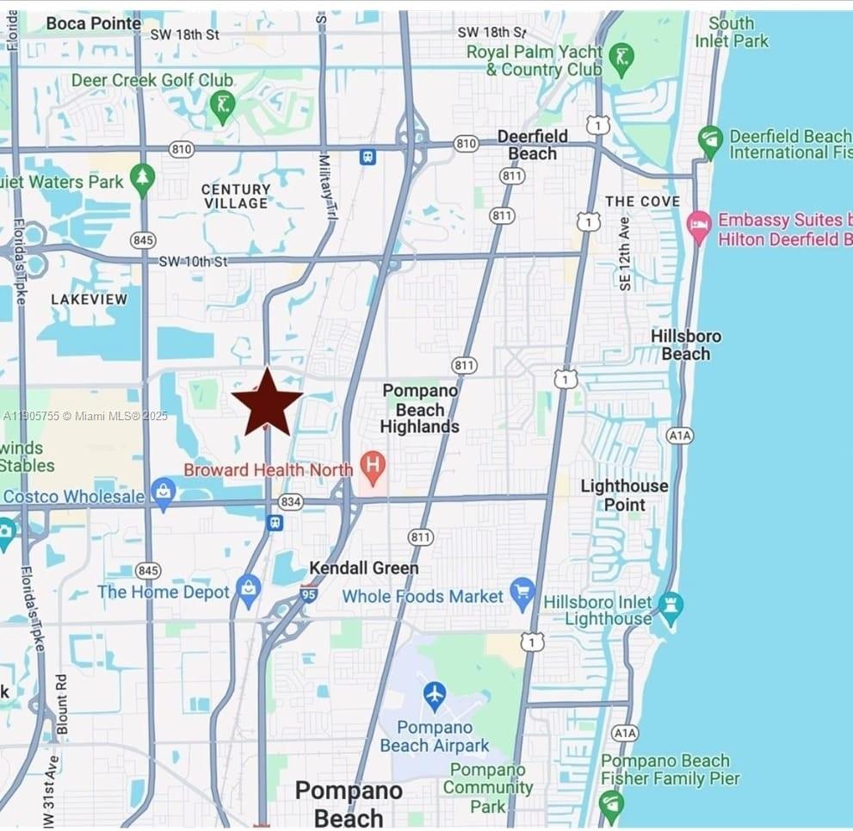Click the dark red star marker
[x=267, y=402]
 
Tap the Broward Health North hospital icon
[x=373, y=468]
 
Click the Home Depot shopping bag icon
[x=249, y=591]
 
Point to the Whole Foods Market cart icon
[x=522, y=593]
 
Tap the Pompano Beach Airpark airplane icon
[x=435, y=693]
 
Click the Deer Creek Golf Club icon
[x=222, y=106]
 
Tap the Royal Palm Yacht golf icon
[x=621, y=59]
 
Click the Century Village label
[x=236, y=195]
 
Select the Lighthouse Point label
[x=624, y=495]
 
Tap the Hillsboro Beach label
[x=686, y=344]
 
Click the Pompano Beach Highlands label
[x=420, y=409]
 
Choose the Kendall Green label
[x=364, y=567]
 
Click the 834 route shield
[x=291, y=501]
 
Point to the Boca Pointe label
[x=94, y=23]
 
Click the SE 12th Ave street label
[x=625, y=252]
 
